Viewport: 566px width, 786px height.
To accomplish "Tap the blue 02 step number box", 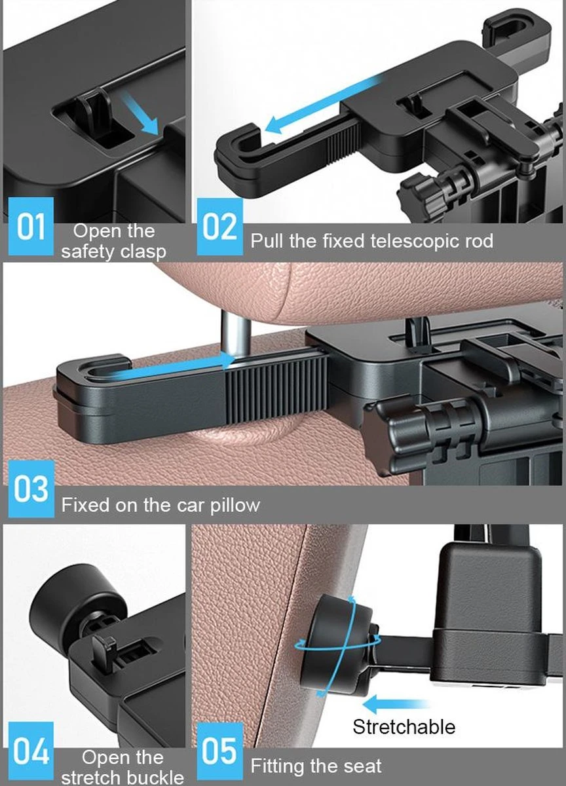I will pos(219,227).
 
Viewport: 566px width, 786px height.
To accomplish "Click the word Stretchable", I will pos(404,726).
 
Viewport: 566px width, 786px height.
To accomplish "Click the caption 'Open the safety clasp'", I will pos(113,241).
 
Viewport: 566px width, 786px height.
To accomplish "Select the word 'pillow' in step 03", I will pos(235,505).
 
